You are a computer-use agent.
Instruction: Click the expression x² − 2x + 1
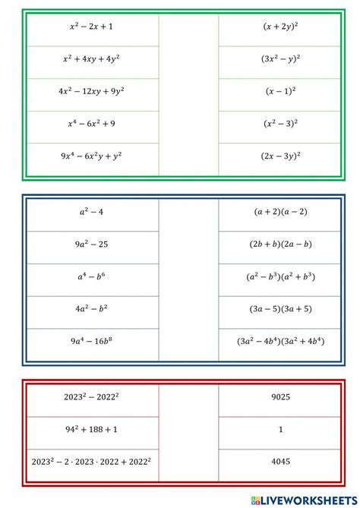point(91,26)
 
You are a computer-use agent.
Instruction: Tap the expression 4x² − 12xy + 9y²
point(91,90)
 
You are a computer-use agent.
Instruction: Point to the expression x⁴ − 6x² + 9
point(91,123)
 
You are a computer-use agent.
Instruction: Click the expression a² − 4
point(91,213)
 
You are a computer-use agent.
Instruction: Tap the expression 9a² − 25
point(91,245)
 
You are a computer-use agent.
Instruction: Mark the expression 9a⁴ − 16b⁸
point(91,342)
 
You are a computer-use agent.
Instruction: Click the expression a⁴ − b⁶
point(91,277)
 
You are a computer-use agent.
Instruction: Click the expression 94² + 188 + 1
point(91,428)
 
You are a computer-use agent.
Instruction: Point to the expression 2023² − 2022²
point(91,396)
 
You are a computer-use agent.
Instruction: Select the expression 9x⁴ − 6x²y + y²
point(91,155)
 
